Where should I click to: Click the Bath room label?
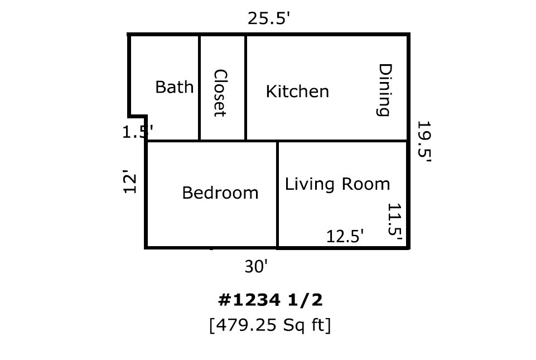click(x=174, y=87)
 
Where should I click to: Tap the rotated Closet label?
click(x=220, y=93)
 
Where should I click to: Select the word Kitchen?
click(x=297, y=92)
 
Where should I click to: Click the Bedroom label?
click(x=220, y=193)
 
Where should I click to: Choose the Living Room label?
click(x=337, y=184)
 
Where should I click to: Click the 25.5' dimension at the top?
click(x=269, y=19)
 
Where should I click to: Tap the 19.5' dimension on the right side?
click(x=424, y=142)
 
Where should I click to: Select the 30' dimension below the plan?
click(x=257, y=267)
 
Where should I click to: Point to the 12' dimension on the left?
click(x=129, y=183)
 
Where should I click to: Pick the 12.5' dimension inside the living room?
click(x=345, y=236)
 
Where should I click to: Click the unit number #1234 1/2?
click(x=270, y=300)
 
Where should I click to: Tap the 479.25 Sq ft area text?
click(x=270, y=325)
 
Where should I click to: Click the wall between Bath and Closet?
click(x=199, y=87)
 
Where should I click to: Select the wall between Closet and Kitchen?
click(x=246, y=87)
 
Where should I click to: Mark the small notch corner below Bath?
click(x=146, y=117)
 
